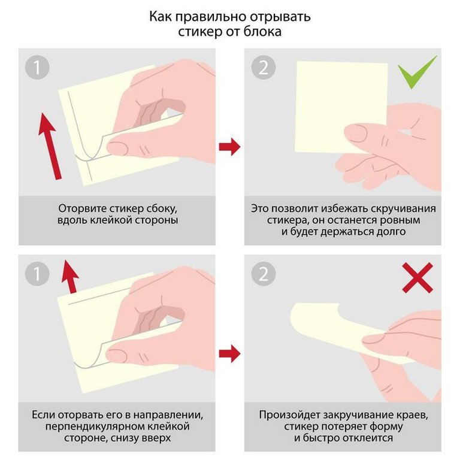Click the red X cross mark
417,278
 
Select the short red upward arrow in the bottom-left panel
69,277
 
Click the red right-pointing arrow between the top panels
229,146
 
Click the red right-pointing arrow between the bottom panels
229,353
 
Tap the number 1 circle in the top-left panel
37,68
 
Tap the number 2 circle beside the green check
264,68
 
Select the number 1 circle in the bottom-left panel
37,274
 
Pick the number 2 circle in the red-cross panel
264,274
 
